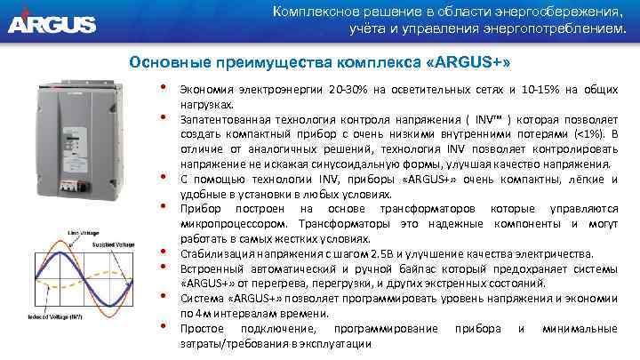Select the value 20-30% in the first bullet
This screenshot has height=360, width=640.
click(350, 91)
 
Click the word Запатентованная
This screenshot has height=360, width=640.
click(226, 119)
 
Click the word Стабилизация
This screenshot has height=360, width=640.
click(215, 253)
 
